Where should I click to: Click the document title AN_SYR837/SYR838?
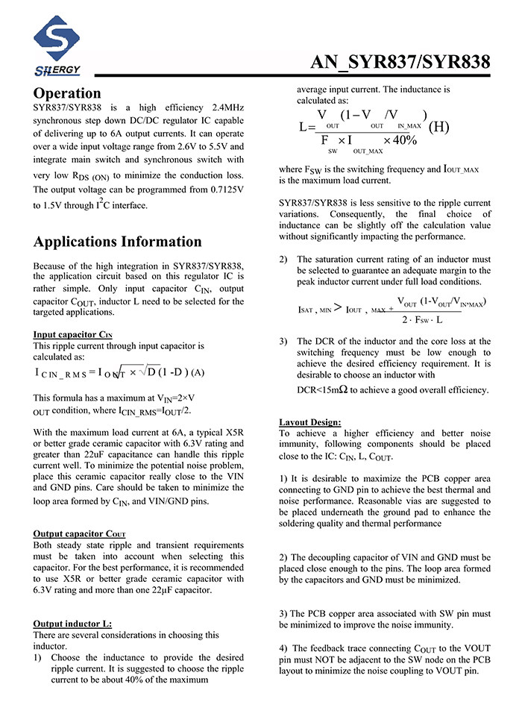click(400, 62)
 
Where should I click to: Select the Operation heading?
click(67, 93)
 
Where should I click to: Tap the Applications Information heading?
click(118, 242)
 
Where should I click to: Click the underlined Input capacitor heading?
click(73, 334)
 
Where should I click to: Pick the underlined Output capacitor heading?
click(78, 533)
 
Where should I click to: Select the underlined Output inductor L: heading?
click(73, 623)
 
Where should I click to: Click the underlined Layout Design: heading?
click(310, 421)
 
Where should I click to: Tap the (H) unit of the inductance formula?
click(438, 126)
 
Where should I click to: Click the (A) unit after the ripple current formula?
click(198, 372)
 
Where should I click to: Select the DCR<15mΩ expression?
click(324, 389)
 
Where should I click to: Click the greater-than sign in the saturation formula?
click(337, 308)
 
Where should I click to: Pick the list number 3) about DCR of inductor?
click(283, 341)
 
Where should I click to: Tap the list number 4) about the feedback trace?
click(283, 648)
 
